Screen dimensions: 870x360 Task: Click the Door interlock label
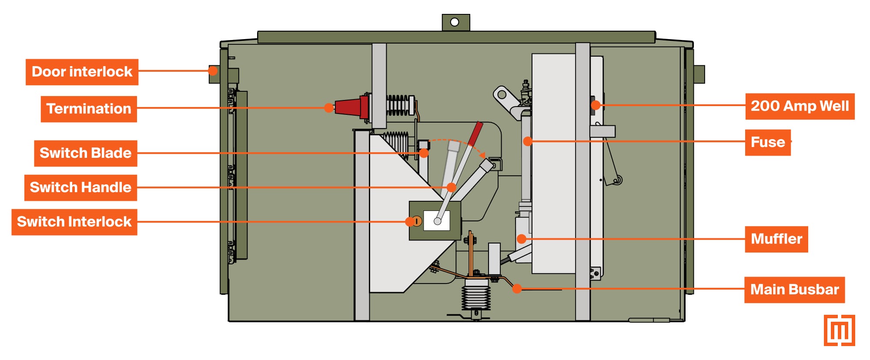tap(82, 72)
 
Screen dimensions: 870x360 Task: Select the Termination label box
tap(89, 109)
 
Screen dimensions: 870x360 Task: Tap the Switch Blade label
tap(86, 153)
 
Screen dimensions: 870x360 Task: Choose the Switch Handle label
tap(80, 187)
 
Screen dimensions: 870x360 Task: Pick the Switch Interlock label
tap(74, 222)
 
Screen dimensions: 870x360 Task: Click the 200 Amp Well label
tap(800, 106)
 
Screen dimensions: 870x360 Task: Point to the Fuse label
tap(768, 142)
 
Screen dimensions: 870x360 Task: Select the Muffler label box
tap(776, 239)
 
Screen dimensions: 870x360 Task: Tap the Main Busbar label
tap(794, 290)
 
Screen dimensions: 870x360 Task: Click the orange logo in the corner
tap(839, 330)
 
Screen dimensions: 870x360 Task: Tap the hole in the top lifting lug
tap(455, 22)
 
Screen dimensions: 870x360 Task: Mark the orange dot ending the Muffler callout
tap(522, 239)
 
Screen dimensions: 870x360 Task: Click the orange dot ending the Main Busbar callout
tap(517, 288)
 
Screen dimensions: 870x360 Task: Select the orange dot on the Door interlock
tap(213, 70)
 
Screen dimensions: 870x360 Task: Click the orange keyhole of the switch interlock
tap(417, 221)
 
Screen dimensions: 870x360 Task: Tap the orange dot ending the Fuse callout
tap(528, 141)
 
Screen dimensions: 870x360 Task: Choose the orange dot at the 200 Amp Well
tap(596, 105)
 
